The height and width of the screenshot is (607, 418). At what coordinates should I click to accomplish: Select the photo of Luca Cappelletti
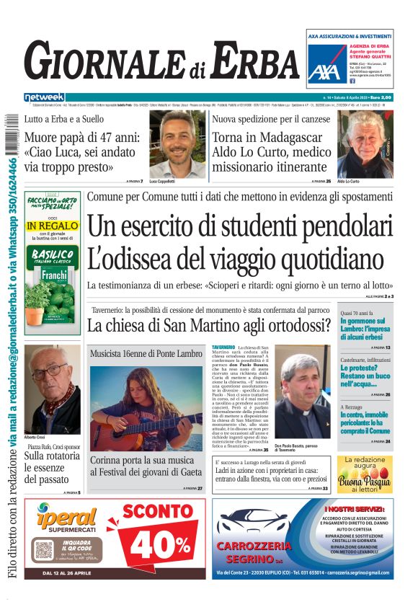(x=177, y=144)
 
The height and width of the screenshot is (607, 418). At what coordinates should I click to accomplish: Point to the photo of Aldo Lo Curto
(x=364, y=144)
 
